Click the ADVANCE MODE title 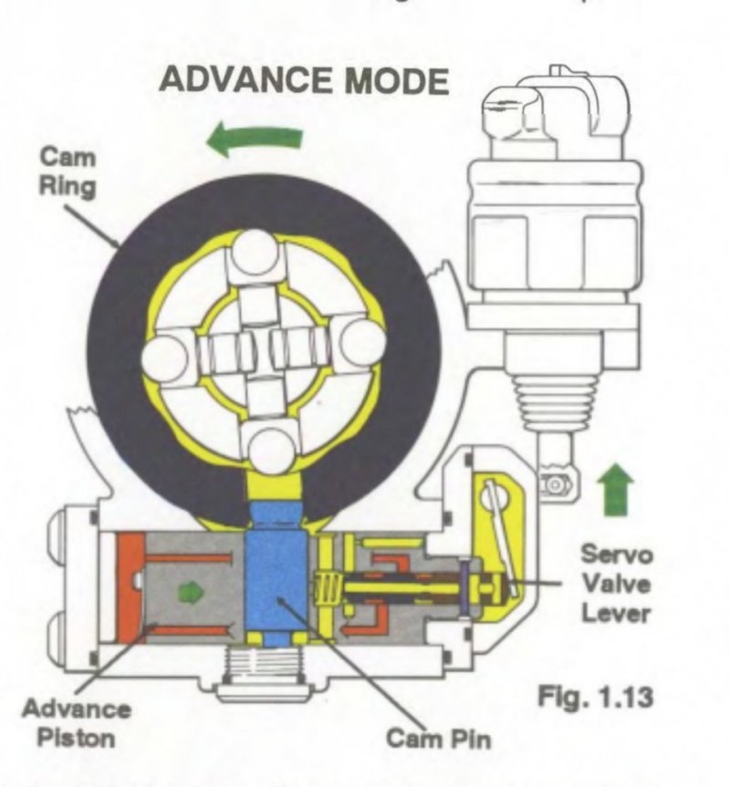(x=304, y=81)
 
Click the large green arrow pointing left (x=254, y=140)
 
